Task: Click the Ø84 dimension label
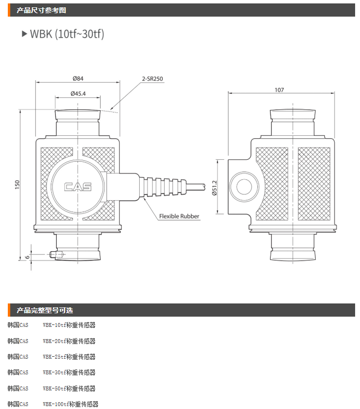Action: click(78, 78)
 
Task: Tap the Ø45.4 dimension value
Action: click(78, 93)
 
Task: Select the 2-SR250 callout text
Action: click(152, 78)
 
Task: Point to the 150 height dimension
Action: click(17, 185)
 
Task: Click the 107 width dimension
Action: click(279, 90)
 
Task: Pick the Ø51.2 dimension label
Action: click(214, 187)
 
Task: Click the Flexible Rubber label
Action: click(179, 216)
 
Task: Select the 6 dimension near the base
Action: click(27, 256)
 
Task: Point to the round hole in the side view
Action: click(243, 187)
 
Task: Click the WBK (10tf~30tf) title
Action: click(67, 34)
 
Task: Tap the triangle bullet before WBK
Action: click(24, 34)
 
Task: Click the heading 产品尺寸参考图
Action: click(42, 10)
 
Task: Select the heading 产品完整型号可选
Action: click(45, 310)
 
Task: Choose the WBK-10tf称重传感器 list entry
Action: click(69, 325)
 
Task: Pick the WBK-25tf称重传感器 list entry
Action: click(69, 357)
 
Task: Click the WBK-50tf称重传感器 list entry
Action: click(69, 388)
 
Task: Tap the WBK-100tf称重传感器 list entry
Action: click(70, 404)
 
